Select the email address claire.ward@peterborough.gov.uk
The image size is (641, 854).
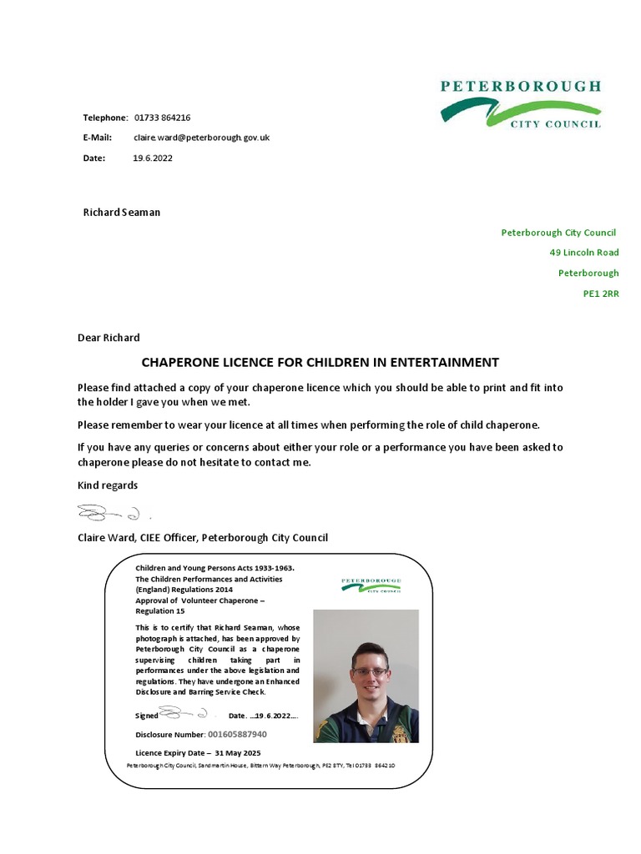[201, 138]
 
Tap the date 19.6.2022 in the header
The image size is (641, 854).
[153, 158]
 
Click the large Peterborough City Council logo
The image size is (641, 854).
[520, 104]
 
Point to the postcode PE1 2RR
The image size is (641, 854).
[600, 294]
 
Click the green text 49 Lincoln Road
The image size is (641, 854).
[583, 253]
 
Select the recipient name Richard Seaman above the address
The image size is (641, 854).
[121, 212]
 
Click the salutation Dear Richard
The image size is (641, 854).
[109, 338]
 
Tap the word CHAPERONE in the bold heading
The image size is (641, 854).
[180, 363]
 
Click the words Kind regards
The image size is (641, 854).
[108, 485]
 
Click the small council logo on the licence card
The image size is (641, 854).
[371, 585]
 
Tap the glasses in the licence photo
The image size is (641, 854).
[370, 671]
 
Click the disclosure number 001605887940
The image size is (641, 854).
[237, 735]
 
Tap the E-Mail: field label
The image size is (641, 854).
[97, 138]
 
